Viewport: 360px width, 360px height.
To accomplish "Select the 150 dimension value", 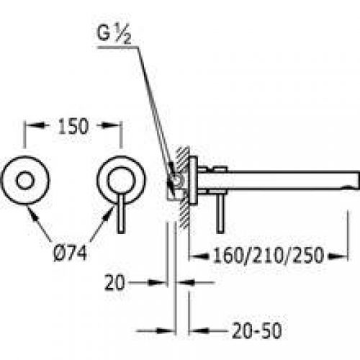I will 73,126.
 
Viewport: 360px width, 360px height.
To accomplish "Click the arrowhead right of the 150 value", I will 114,127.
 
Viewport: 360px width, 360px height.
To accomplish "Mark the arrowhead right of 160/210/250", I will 348,256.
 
